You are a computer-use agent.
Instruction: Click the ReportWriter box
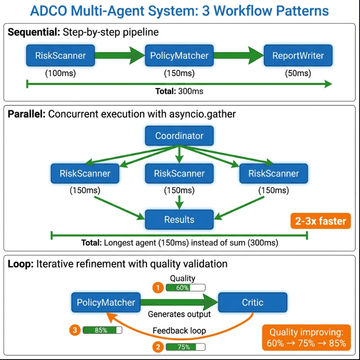click(x=298, y=55)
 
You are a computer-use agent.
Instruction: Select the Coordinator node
click(x=179, y=136)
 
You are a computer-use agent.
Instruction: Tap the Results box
click(x=179, y=219)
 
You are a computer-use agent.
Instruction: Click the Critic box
click(x=253, y=302)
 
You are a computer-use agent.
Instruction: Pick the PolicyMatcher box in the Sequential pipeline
click(x=179, y=55)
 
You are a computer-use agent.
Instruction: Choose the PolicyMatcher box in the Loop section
click(x=106, y=302)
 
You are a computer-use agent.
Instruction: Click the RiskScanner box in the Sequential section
click(x=61, y=55)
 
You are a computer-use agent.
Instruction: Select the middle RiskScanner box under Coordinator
click(x=179, y=174)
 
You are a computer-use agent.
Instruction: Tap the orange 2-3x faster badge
click(x=321, y=222)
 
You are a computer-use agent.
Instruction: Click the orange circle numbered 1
click(x=159, y=287)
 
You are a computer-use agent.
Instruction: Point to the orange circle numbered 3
click(x=75, y=330)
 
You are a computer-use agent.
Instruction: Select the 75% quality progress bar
click(x=185, y=347)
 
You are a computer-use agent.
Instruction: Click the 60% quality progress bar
click(x=185, y=287)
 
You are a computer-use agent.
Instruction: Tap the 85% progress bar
click(x=102, y=330)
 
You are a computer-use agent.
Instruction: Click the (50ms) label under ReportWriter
click(x=298, y=73)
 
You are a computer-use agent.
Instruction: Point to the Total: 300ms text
click(x=179, y=91)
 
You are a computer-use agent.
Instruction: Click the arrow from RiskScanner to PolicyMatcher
click(x=120, y=55)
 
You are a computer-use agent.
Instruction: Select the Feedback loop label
click(x=179, y=331)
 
